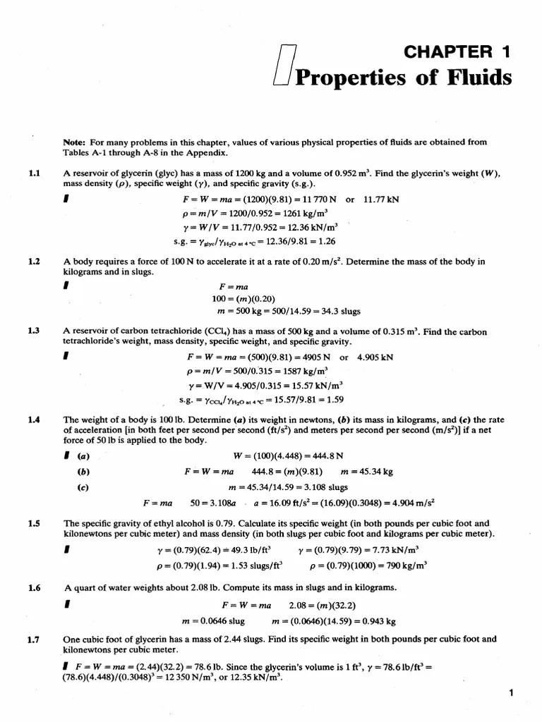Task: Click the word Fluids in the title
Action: pos(476,77)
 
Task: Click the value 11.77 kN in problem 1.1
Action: pos(381,200)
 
